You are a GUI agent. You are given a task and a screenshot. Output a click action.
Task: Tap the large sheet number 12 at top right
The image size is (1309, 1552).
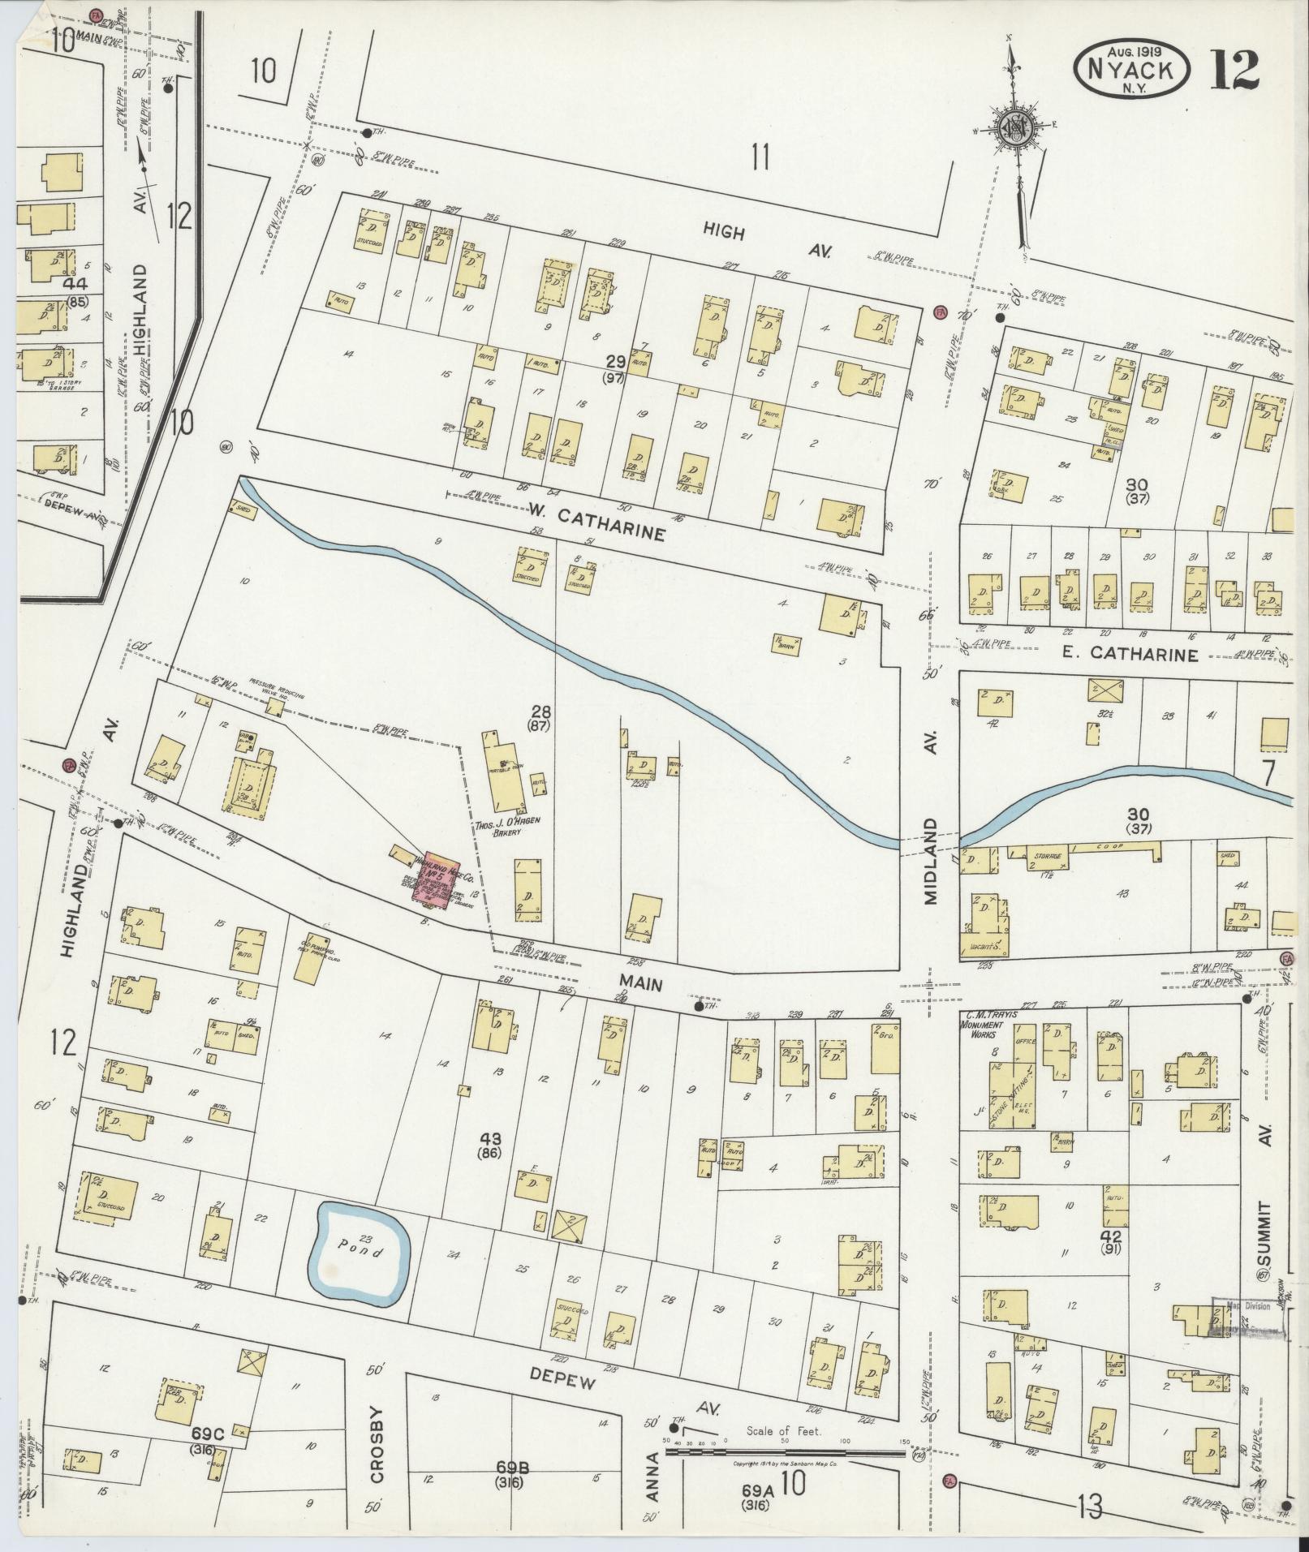1236,70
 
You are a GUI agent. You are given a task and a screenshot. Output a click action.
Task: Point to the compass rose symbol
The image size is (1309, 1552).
1014,129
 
